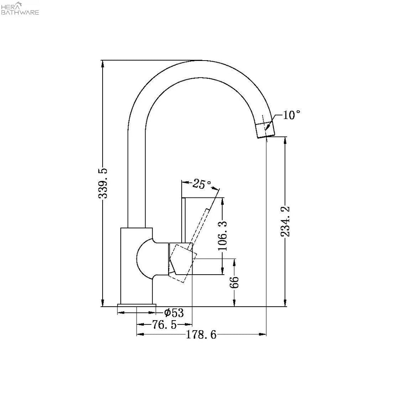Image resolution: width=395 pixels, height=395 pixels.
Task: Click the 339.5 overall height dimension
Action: [103, 183]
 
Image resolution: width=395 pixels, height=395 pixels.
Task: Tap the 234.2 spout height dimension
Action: [285, 221]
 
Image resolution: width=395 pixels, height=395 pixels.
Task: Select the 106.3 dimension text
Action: [223, 236]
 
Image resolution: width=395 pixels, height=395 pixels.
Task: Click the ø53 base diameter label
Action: [173, 312]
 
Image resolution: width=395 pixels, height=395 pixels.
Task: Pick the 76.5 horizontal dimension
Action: [164, 324]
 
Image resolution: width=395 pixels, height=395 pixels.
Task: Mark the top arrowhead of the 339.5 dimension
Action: [103, 63]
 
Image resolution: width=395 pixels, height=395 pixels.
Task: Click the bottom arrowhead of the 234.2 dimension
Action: [285, 304]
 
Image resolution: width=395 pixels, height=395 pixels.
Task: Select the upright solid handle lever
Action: [184, 220]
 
